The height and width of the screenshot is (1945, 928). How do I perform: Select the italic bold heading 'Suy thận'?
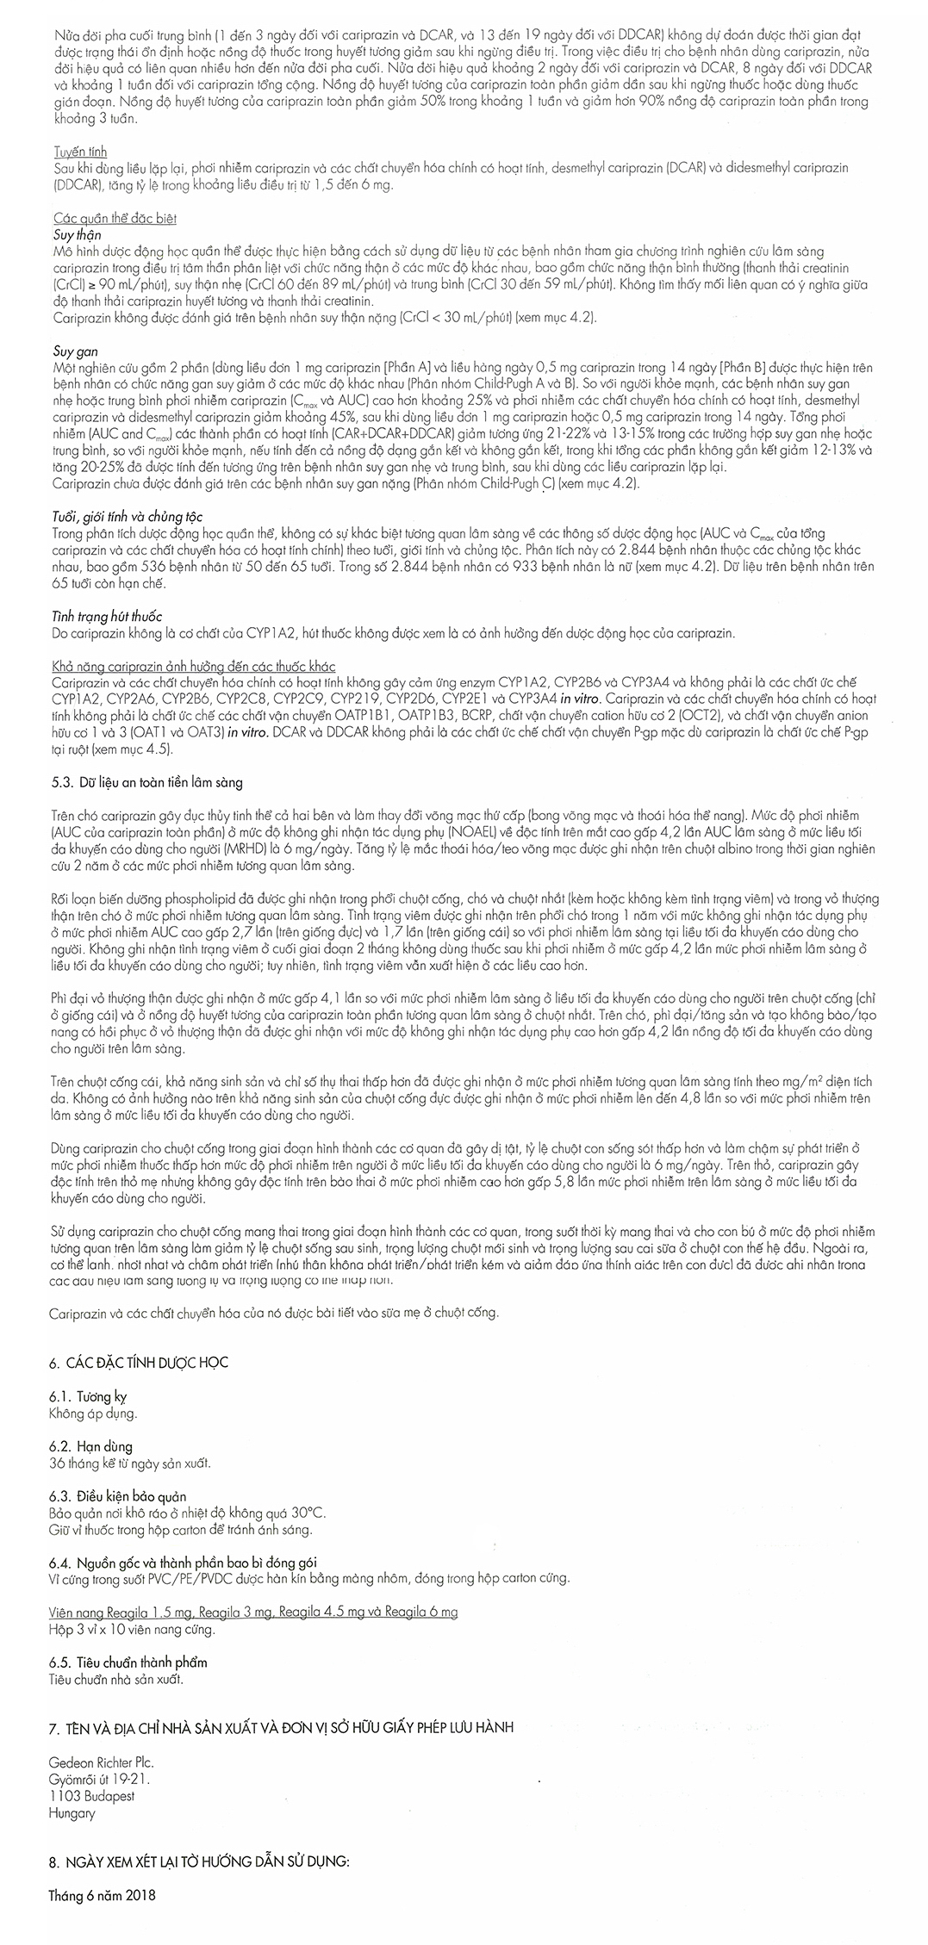pyautogui.click(x=77, y=234)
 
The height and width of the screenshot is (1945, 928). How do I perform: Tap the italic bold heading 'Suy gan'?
pyautogui.click(x=75, y=351)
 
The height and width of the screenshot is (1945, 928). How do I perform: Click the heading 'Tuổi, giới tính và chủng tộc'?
pyautogui.click(x=127, y=517)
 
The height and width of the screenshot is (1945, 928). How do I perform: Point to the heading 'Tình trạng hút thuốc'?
pyautogui.click(x=107, y=617)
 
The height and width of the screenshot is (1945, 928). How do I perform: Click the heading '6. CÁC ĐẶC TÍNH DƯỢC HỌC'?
pyautogui.click(x=139, y=1363)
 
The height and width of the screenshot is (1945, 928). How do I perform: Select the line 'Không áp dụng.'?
pyautogui.click(x=94, y=1414)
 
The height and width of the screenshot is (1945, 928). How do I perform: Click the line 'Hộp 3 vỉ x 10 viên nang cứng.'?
pyautogui.click(x=132, y=1629)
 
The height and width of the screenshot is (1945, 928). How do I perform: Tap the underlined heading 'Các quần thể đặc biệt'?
pyautogui.click(x=115, y=219)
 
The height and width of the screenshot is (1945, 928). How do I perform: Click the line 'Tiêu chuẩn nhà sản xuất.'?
pyautogui.click(x=116, y=1679)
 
